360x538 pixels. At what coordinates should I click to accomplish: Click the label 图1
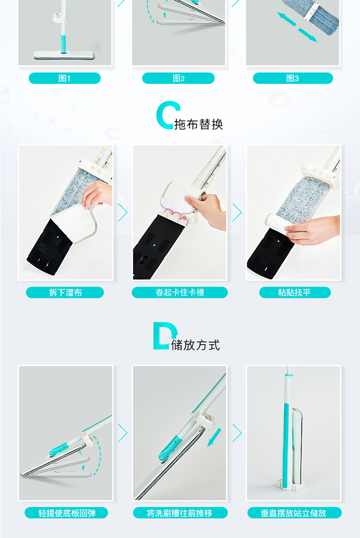pos(64,78)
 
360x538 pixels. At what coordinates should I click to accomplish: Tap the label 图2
pos(179,78)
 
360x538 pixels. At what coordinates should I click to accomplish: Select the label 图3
pos(292,78)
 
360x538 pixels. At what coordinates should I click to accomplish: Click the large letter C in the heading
pos(168,115)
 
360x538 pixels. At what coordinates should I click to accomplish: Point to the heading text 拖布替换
pos(199,124)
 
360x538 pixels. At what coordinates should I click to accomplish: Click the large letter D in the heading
pos(165,336)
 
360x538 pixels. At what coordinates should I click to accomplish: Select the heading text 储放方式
pos(195,345)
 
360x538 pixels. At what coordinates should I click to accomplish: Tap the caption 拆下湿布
pos(65,293)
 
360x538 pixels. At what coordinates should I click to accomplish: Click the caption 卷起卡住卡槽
pos(180,293)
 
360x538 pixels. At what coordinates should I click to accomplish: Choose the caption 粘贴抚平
pos(294,293)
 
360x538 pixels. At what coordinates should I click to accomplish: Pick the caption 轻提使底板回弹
pos(67,513)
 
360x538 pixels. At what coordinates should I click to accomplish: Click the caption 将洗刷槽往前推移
pos(180,513)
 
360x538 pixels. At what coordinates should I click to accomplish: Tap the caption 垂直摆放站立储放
pos(293,513)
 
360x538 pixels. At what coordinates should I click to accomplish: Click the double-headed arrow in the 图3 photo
pos(297,27)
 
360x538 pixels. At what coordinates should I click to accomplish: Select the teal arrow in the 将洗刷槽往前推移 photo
pos(214,438)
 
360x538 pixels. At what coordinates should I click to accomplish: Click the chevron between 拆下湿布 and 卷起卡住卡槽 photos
pos(123,212)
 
